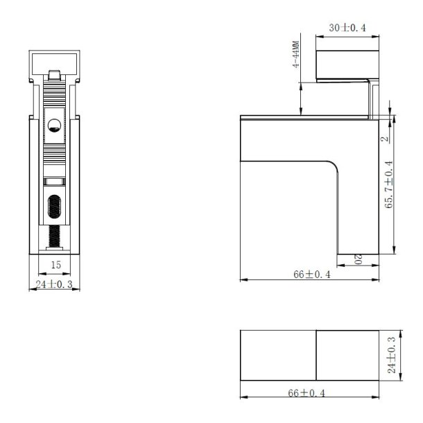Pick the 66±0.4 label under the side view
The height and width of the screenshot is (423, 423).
(309, 275)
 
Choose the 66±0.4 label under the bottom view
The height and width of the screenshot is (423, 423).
(309, 392)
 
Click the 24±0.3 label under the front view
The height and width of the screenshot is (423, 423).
(54, 284)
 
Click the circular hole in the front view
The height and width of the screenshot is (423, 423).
(54, 126)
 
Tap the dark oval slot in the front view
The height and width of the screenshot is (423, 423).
(54, 208)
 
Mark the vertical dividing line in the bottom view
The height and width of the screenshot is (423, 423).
(317, 356)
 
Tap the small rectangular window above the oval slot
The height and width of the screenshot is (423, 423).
(54, 182)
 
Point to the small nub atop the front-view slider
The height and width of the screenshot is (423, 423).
(54, 73)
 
